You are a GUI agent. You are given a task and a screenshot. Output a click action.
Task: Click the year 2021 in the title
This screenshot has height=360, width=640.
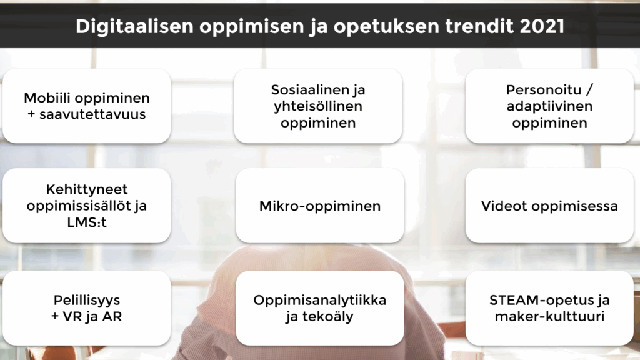(x=542, y=26)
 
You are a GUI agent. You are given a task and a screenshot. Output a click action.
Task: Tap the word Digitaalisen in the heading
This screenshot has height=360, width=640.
(x=135, y=27)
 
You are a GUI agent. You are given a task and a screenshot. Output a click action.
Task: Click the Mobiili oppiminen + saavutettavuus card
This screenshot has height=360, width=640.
(x=86, y=106)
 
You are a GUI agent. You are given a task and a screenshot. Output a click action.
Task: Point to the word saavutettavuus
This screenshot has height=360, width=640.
(x=92, y=114)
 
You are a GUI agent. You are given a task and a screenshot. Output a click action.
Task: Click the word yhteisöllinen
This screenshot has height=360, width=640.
(x=318, y=106)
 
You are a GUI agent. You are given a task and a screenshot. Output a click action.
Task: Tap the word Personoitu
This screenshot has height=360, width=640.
(x=544, y=89)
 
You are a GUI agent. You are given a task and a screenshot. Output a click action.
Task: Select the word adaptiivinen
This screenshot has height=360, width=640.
(x=549, y=106)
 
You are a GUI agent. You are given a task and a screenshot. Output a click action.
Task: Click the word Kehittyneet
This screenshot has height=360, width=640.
(x=86, y=189)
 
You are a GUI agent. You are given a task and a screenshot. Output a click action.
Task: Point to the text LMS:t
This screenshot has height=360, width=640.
(x=86, y=222)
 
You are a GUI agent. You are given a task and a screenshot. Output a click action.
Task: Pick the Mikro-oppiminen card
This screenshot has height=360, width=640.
(x=320, y=205)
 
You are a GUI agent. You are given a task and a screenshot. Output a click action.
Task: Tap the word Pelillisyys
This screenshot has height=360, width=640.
(x=86, y=301)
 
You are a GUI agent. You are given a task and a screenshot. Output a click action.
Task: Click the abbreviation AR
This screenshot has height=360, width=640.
(x=112, y=317)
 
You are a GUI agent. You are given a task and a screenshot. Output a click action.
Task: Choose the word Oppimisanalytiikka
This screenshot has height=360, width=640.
(x=319, y=301)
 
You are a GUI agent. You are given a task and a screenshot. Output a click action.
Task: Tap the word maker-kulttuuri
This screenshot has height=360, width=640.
(x=549, y=317)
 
